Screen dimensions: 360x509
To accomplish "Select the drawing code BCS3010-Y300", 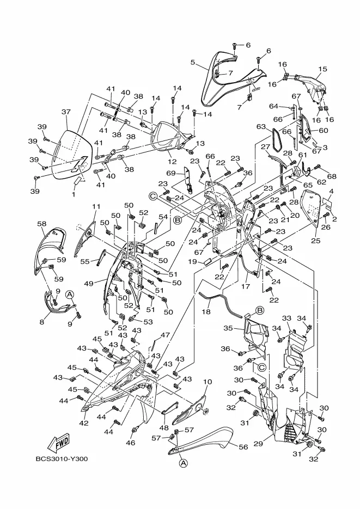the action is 62,459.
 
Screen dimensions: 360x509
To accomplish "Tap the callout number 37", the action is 66,112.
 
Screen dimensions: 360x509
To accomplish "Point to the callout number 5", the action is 193,62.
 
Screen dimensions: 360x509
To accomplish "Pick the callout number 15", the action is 322,69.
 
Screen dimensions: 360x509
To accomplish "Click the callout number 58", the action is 41,224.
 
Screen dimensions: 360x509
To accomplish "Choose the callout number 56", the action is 243,447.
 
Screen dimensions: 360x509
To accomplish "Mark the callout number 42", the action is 84,423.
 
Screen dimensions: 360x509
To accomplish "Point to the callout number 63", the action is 261,127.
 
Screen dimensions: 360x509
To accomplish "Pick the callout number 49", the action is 89,284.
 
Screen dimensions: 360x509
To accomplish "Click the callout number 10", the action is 208,382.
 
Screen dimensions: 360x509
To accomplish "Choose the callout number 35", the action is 228,328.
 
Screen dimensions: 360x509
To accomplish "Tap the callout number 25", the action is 316,241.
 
